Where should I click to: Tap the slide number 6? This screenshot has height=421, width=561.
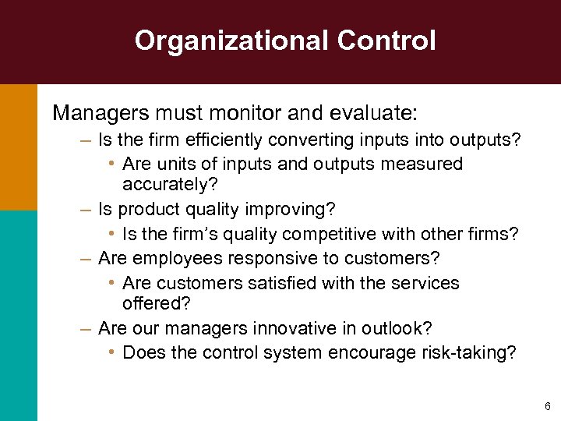(548, 406)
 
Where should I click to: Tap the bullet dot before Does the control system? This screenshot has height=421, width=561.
(113, 352)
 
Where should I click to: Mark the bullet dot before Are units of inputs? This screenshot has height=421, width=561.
(113, 164)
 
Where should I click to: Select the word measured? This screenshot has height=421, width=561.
(425, 165)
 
